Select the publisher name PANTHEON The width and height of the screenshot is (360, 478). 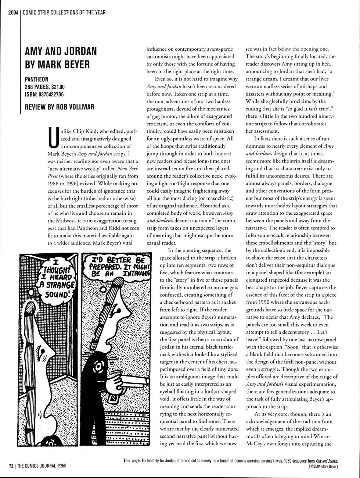pos(36,79)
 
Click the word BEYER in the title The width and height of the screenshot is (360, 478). pos(73,65)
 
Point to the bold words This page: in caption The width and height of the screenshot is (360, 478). pos(133,461)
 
